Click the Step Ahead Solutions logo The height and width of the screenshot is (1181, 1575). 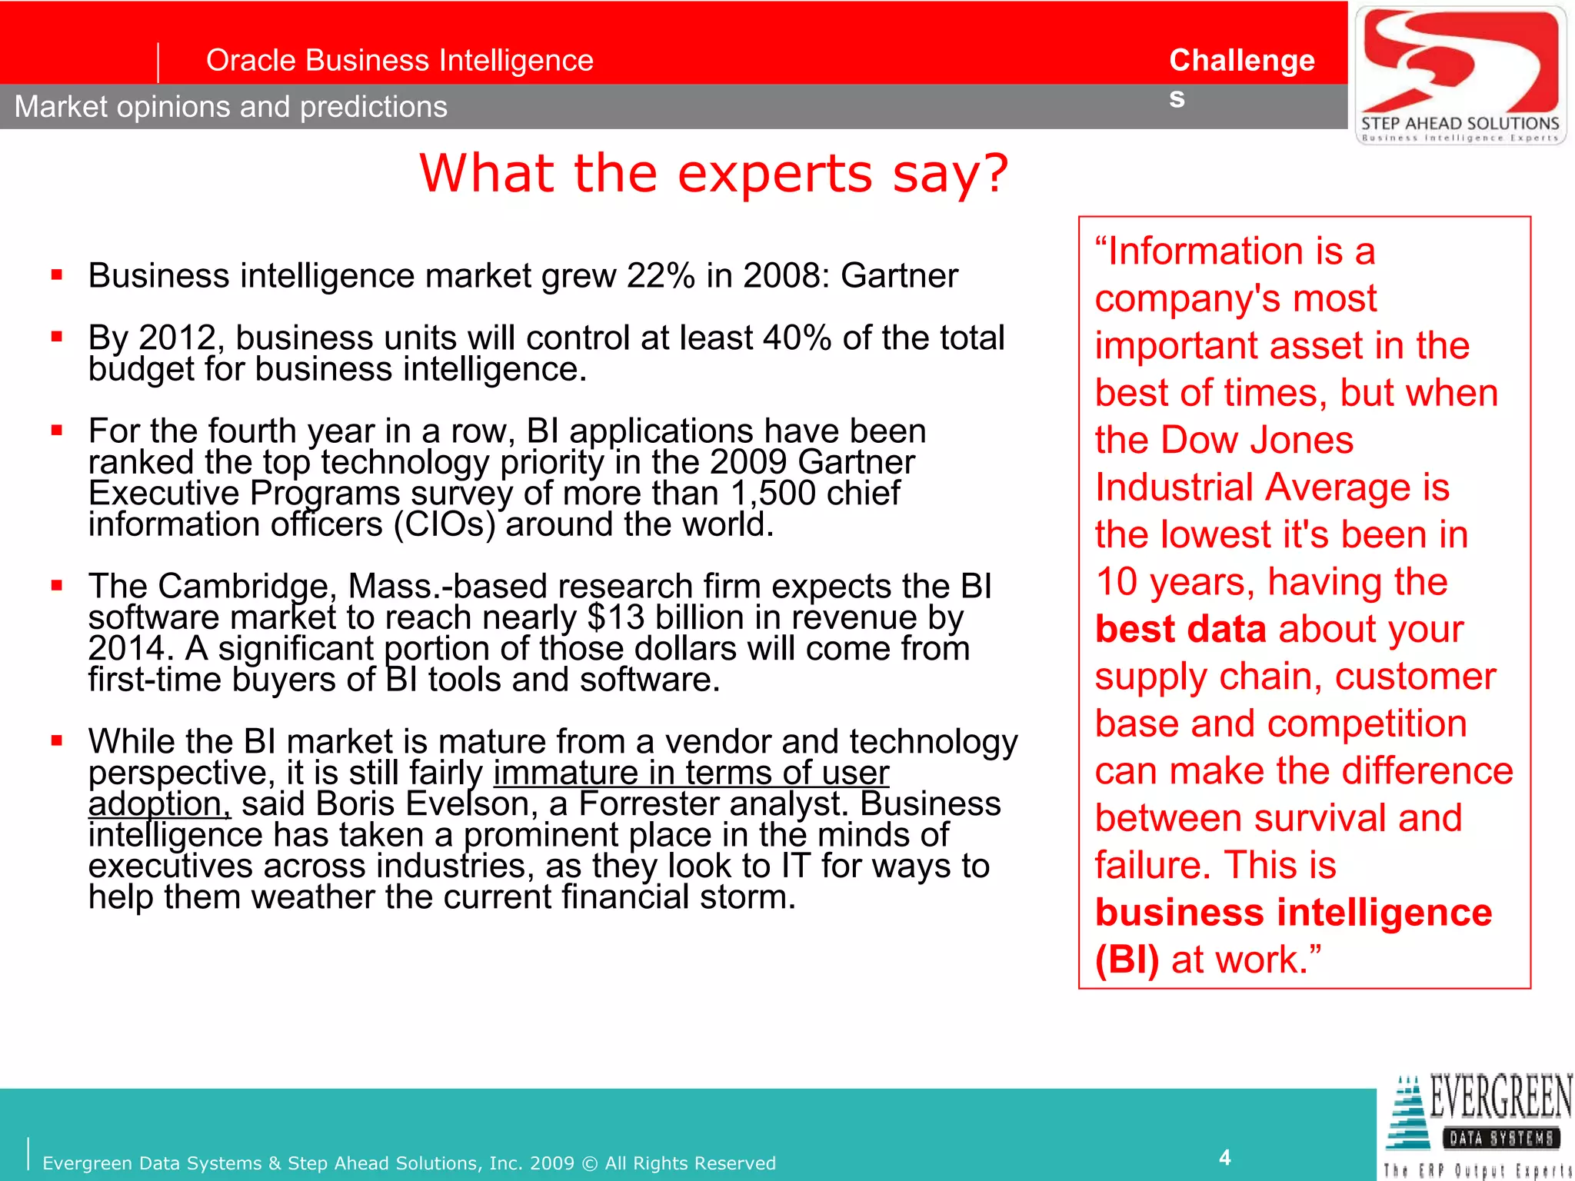tap(1460, 75)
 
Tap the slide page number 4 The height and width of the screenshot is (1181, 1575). tap(1225, 1157)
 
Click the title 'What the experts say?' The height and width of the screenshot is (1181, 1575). tap(713, 173)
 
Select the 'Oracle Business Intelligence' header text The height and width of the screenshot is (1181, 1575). tap(399, 60)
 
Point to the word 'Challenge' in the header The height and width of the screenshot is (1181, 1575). tap(1241, 60)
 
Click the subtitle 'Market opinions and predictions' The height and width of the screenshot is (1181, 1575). tap(231, 107)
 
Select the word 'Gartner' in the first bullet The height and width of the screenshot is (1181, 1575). tap(899, 275)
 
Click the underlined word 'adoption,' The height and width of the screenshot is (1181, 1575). tap(159, 804)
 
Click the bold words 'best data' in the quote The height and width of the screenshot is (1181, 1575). tap(1180, 629)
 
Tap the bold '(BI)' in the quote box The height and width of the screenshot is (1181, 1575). tap(1127, 960)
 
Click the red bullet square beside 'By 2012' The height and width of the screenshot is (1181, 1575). tap(57, 336)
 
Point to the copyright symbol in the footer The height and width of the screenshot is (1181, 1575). tap(589, 1163)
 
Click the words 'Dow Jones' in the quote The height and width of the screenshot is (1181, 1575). tap(1257, 440)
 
